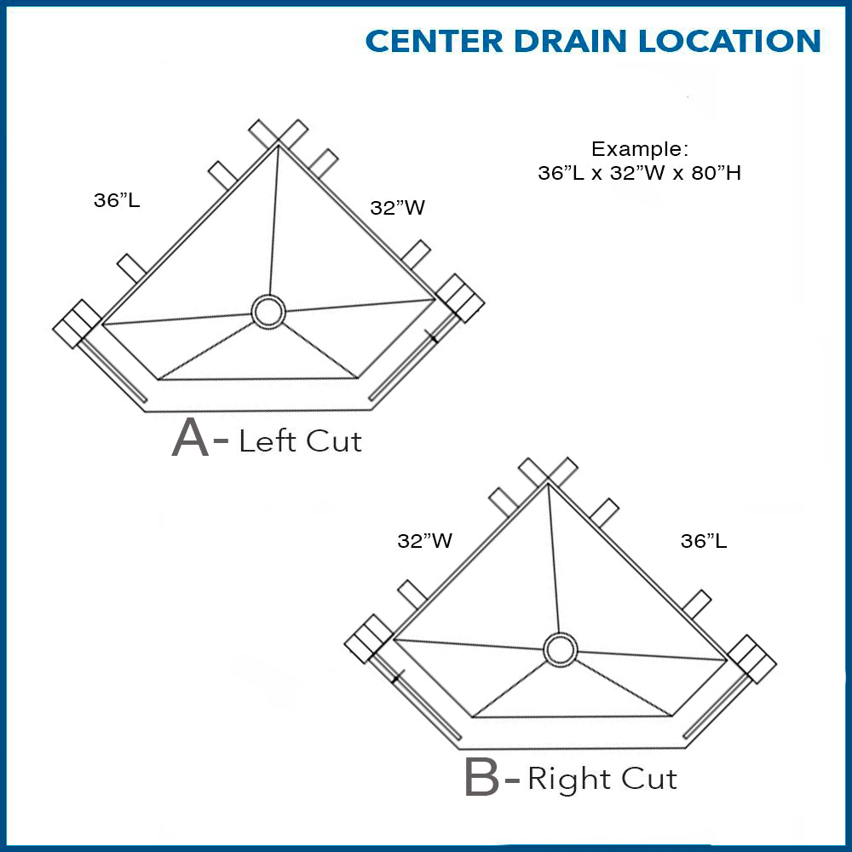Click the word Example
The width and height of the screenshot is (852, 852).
point(639,148)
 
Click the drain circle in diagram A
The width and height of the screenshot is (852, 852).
point(270,312)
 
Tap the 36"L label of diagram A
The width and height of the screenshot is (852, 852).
point(117,201)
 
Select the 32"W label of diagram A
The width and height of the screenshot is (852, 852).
point(397,208)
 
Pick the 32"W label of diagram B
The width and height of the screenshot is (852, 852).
point(424,540)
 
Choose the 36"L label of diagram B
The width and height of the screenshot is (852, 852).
point(704,540)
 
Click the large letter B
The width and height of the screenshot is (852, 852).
point(482,779)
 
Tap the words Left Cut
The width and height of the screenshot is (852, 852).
point(300,440)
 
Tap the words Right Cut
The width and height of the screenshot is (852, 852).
point(602,779)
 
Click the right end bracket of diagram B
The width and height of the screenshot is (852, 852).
point(753,659)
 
